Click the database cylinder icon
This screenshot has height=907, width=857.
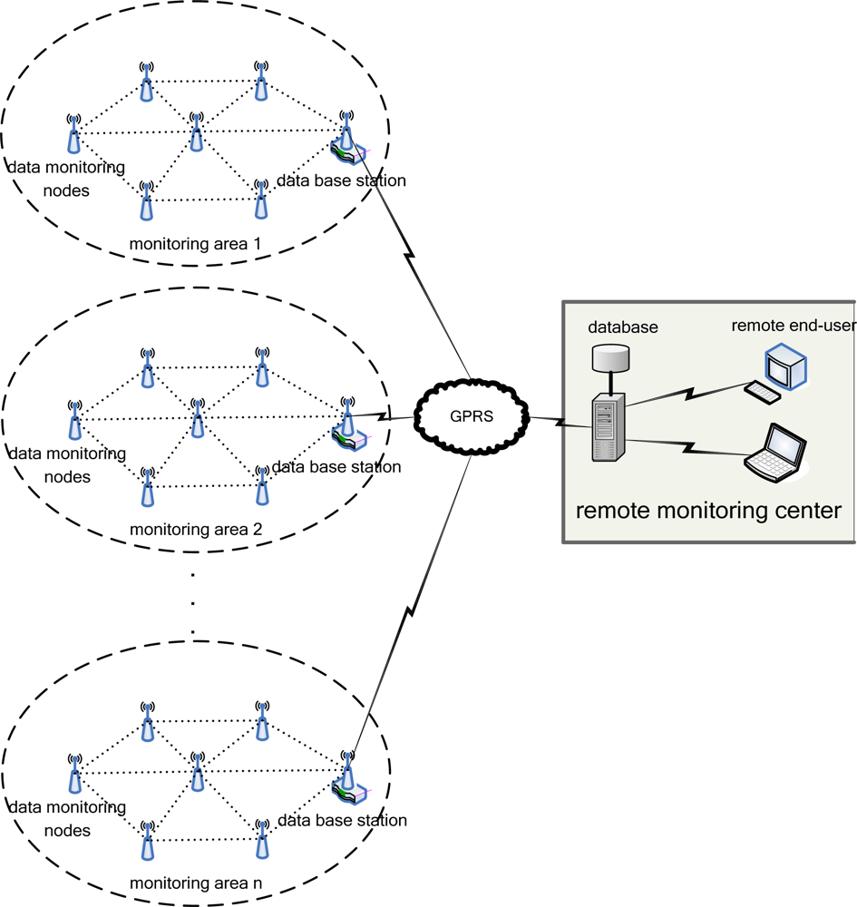609,357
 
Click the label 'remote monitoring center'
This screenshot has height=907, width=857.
708,511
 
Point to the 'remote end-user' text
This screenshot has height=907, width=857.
794,326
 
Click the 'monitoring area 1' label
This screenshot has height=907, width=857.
195,244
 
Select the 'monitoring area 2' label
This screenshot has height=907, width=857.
196,529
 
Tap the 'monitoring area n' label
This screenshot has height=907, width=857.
196,883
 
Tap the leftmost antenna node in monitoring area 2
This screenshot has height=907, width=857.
74,419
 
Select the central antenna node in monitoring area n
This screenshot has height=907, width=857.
197,772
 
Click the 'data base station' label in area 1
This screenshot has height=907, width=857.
341,180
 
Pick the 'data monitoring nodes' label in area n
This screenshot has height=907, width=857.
66,818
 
